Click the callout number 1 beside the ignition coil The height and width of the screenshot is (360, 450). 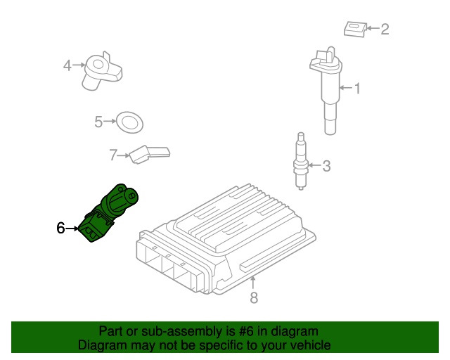(x=357, y=89)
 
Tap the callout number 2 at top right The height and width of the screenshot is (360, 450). (x=385, y=29)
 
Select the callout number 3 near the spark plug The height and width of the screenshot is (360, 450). (x=326, y=166)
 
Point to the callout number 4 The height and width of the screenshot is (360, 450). (x=67, y=65)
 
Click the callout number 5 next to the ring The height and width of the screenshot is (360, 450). (x=98, y=122)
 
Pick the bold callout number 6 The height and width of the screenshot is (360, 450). (x=60, y=229)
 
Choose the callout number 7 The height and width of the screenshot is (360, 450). (x=113, y=155)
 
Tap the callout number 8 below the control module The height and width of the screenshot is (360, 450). (x=254, y=297)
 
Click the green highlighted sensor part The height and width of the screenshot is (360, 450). (x=110, y=212)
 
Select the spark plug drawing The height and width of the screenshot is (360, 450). (x=301, y=161)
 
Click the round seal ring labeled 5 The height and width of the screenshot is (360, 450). (x=129, y=122)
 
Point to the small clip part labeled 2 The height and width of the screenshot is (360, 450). (x=355, y=29)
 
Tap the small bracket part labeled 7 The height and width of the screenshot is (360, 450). (x=149, y=155)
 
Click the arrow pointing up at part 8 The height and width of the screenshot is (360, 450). (x=253, y=282)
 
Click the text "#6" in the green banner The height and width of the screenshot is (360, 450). (x=246, y=332)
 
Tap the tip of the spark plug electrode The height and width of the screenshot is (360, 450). (x=301, y=188)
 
